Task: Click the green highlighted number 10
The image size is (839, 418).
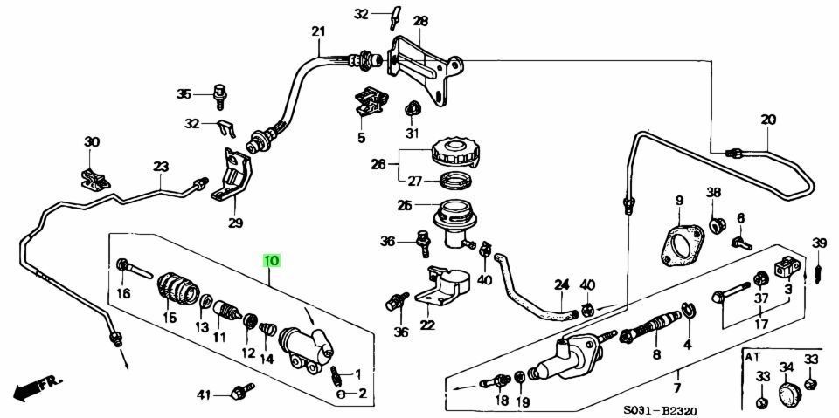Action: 272,261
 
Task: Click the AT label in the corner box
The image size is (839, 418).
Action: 752,358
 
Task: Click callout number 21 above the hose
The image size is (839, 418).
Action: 317,32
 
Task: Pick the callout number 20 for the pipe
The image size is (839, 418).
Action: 767,120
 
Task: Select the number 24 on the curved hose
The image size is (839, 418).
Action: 560,284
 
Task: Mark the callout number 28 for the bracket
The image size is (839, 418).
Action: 420,21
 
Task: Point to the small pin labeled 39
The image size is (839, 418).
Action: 819,272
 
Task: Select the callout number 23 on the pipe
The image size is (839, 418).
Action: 160,167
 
